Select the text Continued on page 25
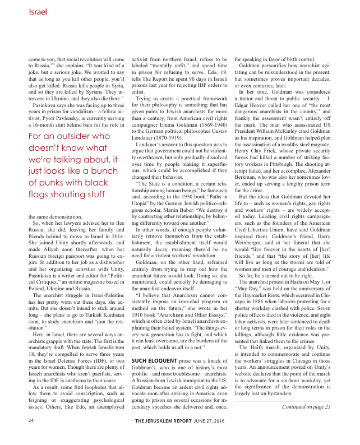306,421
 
